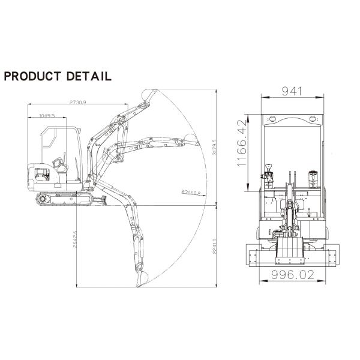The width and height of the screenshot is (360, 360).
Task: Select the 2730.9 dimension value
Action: (78, 103)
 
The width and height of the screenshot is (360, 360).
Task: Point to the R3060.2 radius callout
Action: (190, 192)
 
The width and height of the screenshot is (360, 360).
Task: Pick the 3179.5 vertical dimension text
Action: (214, 149)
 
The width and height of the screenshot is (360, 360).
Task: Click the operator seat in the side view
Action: (59, 163)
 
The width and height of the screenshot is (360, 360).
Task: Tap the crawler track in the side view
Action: (63, 199)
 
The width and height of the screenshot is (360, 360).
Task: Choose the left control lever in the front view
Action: (268, 173)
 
